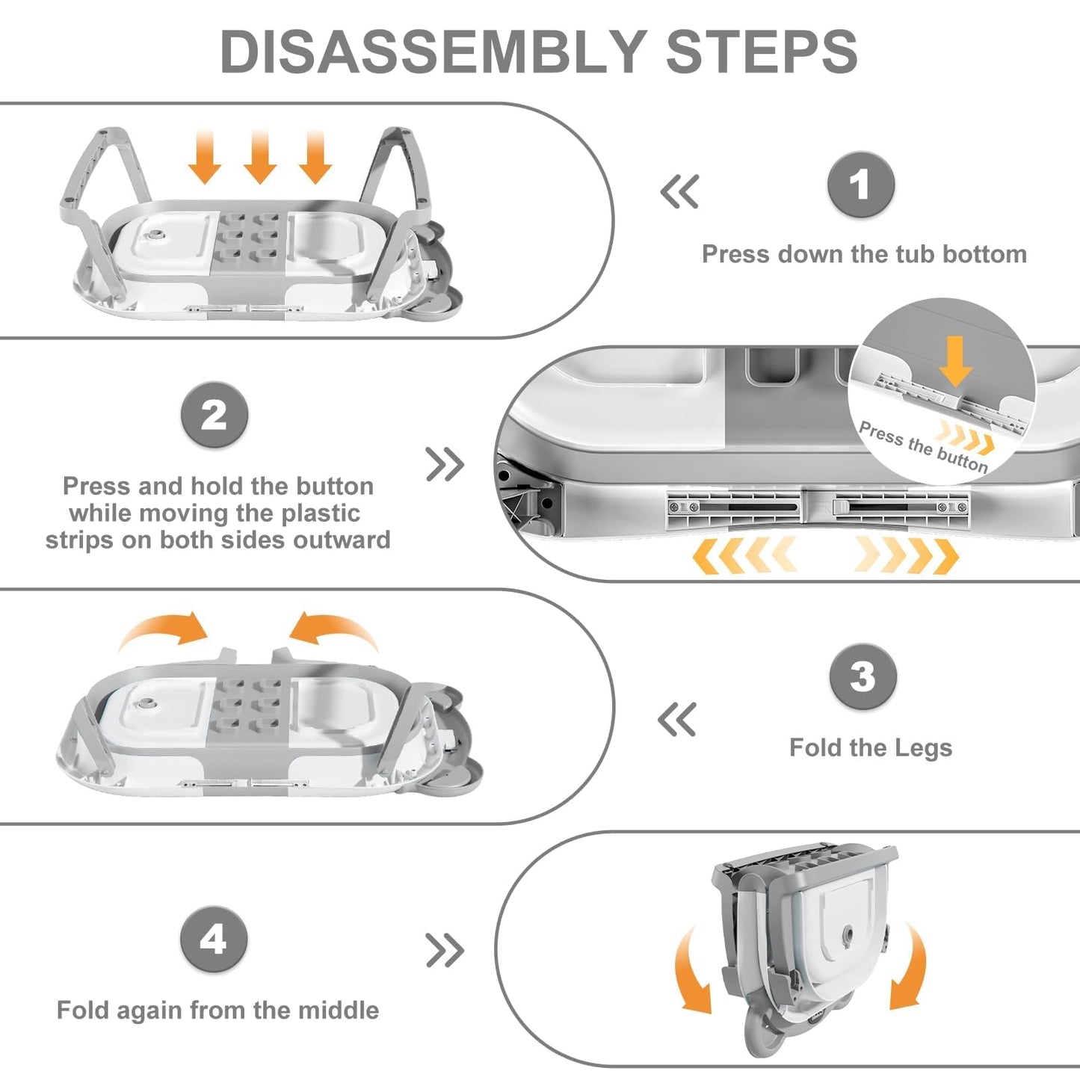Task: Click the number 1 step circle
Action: pyautogui.click(x=861, y=185)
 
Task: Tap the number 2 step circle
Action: pyautogui.click(x=215, y=415)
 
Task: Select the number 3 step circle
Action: pyautogui.click(x=863, y=676)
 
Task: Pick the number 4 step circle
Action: pyautogui.click(x=214, y=939)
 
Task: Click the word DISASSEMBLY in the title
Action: pyautogui.click(x=433, y=52)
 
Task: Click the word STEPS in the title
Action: pyautogui.click(x=762, y=52)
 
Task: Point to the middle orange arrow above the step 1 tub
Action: pyautogui.click(x=259, y=156)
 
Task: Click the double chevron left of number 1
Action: pyautogui.click(x=680, y=191)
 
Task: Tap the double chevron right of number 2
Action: pyautogui.click(x=445, y=464)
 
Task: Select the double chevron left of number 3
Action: pyautogui.click(x=677, y=720)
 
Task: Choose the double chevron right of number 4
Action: pyautogui.click(x=445, y=950)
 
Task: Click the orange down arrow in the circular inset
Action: pyautogui.click(x=955, y=361)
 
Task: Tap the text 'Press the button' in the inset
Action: pyautogui.click(x=922, y=447)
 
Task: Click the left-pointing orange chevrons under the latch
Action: pyautogui.click(x=744, y=555)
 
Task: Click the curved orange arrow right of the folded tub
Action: pyautogui.click(x=910, y=968)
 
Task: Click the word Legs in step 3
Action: pyautogui.click(x=924, y=747)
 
